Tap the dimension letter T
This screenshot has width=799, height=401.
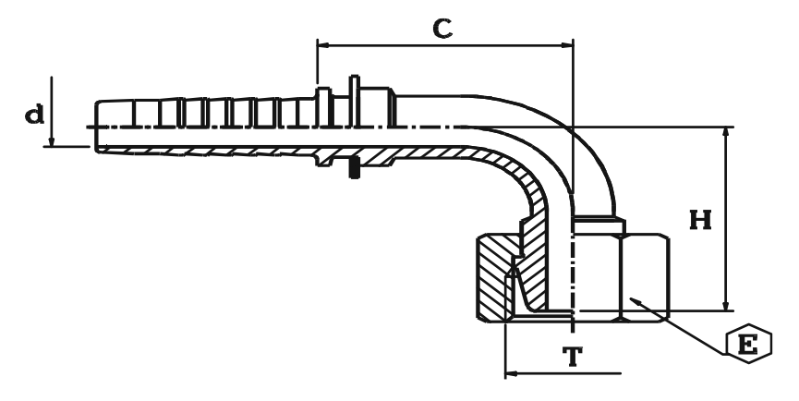pyautogui.click(x=574, y=358)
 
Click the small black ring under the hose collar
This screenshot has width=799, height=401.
pyautogui.click(x=353, y=170)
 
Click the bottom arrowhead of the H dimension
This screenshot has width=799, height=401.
pyautogui.click(x=726, y=306)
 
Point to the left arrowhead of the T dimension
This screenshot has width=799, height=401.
pyautogui.click(x=511, y=375)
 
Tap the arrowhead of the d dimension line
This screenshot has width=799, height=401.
pyautogui.click(x=53, y=141)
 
